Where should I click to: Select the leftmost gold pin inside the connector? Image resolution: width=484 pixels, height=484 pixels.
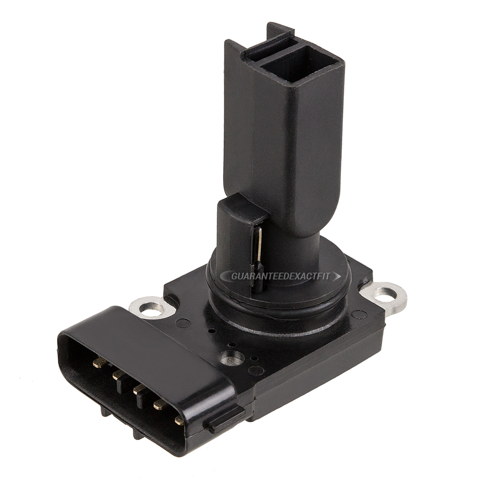[99, 362]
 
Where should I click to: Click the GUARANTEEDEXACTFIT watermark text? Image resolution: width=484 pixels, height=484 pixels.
[280, 276]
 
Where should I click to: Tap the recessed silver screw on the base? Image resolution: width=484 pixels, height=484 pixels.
[231, 358]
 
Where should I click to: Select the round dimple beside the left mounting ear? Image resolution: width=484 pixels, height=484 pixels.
[183, 323]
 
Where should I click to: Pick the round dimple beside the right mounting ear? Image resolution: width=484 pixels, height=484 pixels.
[359, 315]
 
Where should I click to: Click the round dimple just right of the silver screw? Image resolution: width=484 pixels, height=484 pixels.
[256, 370]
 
